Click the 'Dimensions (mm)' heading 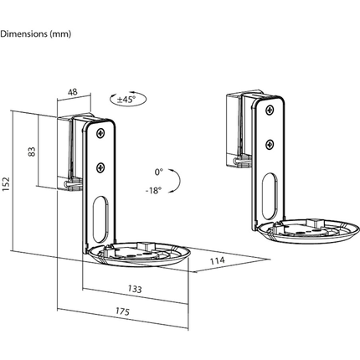point(36,33)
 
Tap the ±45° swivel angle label point(128,99)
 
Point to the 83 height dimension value point(33,152)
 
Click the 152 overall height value point(7,183)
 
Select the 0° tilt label point(158,172)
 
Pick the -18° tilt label point(153,190)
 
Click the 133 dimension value point(135,289)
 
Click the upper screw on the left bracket point(100,133)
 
